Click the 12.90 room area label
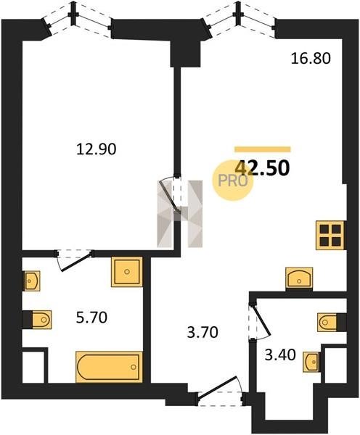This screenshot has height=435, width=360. tap(96, 149)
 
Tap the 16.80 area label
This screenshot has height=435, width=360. tap(311, 59)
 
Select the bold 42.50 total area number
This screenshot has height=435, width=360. tap(262, 168)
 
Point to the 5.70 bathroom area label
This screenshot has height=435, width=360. tap(91, 318)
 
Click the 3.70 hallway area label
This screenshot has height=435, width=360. tap(202, 332)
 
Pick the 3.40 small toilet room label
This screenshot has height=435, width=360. tap(280, 355)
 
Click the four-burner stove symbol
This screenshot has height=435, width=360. tap(330, 235)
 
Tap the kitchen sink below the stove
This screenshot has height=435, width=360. tap(299, 278)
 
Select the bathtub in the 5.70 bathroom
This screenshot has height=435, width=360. tap(109, 367)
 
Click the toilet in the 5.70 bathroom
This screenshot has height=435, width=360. tap(41, 320)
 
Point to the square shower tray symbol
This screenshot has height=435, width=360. tap(127, 272)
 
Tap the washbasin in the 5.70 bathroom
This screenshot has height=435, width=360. tap(31, 281)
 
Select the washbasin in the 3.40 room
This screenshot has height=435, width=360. tap(311, 362)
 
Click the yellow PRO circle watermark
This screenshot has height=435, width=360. tap(233, 181)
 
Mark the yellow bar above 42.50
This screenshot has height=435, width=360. tap(263, 149)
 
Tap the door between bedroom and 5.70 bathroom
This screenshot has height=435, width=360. tap(75, 260)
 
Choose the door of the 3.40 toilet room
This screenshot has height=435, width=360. tap(259, 321)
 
